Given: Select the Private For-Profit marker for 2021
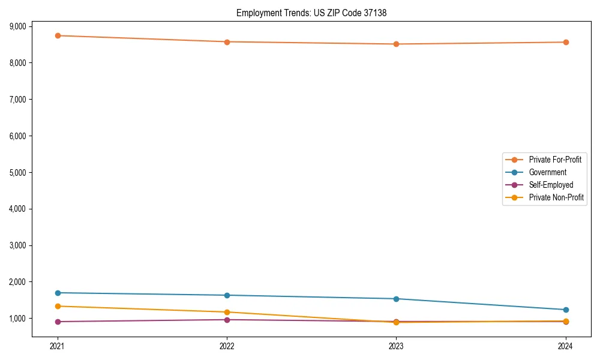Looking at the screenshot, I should (58, 35).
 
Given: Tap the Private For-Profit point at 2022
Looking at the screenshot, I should (227, 42).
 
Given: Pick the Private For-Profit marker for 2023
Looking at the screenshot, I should (396, 44).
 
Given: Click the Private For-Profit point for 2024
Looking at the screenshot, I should (565, 42).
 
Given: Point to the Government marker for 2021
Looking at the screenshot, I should (58, 293).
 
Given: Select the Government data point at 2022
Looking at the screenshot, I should (227, 295).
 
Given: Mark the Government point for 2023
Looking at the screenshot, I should (396, 299).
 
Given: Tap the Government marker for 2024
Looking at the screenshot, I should (565, 310).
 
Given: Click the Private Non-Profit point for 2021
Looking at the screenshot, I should (58, 306).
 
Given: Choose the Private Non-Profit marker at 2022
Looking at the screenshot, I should (227, 312).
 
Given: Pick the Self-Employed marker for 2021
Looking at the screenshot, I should (58, 322).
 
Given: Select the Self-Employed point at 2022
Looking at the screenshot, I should (227, 320).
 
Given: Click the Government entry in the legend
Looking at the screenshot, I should (547, 172).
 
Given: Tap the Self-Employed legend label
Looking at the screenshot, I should (551, 185).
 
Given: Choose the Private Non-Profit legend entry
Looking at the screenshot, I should (556, 197).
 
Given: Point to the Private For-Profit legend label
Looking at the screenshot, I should (554, 160).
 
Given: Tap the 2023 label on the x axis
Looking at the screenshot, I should (396, 346).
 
